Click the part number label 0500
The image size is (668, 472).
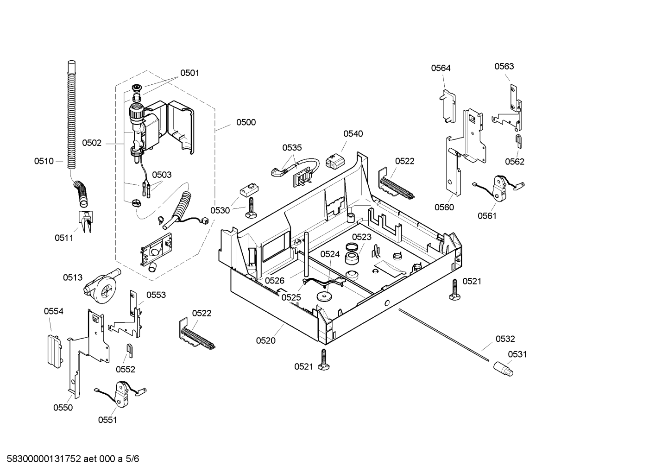click(246, 122)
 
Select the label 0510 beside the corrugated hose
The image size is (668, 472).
click(44, 161)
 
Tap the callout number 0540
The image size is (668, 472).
click(353, 133)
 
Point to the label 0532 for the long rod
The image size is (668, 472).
click(505, 339)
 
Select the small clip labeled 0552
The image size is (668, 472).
click(129, 350)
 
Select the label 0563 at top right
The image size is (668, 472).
click(504, 66)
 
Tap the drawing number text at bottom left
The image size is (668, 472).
click(73, 459)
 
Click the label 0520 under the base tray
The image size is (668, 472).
click(266, 340)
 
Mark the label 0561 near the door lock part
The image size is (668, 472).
click(487, 216)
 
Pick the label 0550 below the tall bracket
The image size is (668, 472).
click(63, 408)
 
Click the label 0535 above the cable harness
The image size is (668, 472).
click(292, 148)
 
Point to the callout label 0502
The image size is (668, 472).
click(92, 143)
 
